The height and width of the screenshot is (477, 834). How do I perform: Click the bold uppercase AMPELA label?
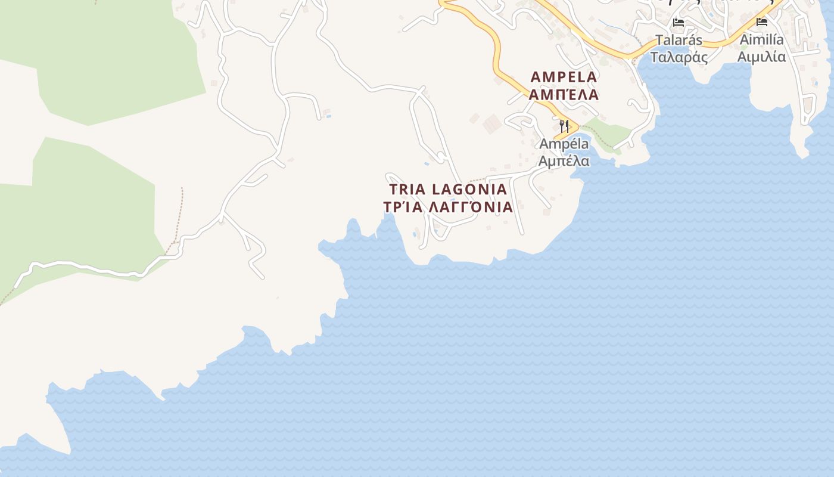(564, 77)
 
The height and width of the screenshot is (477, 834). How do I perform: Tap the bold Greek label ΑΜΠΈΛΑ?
(564, 94)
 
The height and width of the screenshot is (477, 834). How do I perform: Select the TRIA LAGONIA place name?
(448, 190)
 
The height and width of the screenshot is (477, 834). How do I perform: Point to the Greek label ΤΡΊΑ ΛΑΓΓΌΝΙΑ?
(448, 207)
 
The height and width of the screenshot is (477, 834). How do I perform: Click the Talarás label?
(679, 41)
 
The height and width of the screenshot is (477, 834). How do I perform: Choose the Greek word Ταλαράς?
(679, 57)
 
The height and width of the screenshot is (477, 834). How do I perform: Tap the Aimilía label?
(761, 40)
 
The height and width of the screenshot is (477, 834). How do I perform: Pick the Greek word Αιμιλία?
(761, 57)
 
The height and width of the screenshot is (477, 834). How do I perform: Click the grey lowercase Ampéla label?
(564, 144)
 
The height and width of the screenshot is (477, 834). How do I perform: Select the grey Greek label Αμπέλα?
(564, 161)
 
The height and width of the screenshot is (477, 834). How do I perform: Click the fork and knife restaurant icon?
(564, 126)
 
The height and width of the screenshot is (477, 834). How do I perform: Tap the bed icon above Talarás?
(679, 23)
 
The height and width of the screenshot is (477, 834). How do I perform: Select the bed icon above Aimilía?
(761, 23)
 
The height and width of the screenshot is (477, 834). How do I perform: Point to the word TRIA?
(407, 190)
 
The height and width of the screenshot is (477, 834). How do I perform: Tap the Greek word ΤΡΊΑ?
(403, 207)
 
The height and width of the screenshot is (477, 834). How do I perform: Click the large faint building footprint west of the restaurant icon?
(492, 124)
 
